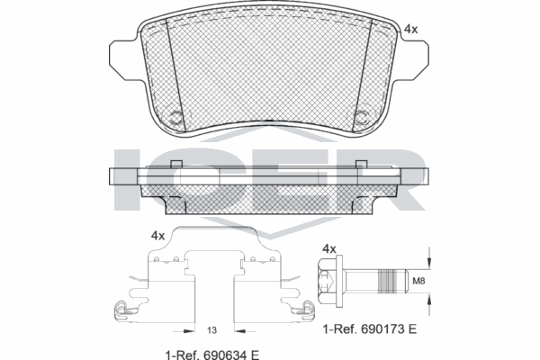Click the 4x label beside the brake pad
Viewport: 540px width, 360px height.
pyautogui.click(x=410, y=29)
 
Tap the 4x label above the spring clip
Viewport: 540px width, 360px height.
pyautogui.click(x=157, y=235)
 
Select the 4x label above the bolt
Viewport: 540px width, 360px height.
pyautogui.click(x=328, y=248)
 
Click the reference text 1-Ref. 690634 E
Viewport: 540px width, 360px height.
pyautogui.click(x=206, y=354)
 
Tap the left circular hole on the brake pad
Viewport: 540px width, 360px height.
pyautogui.click(x=177, y=115)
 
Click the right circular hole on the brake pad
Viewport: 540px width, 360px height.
pyautogui.click(x=362, y=115)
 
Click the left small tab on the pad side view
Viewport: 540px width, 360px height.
pyautogui.click(x=177, y=163)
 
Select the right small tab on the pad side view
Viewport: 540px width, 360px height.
pyautogui.click(x=361, y=163)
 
